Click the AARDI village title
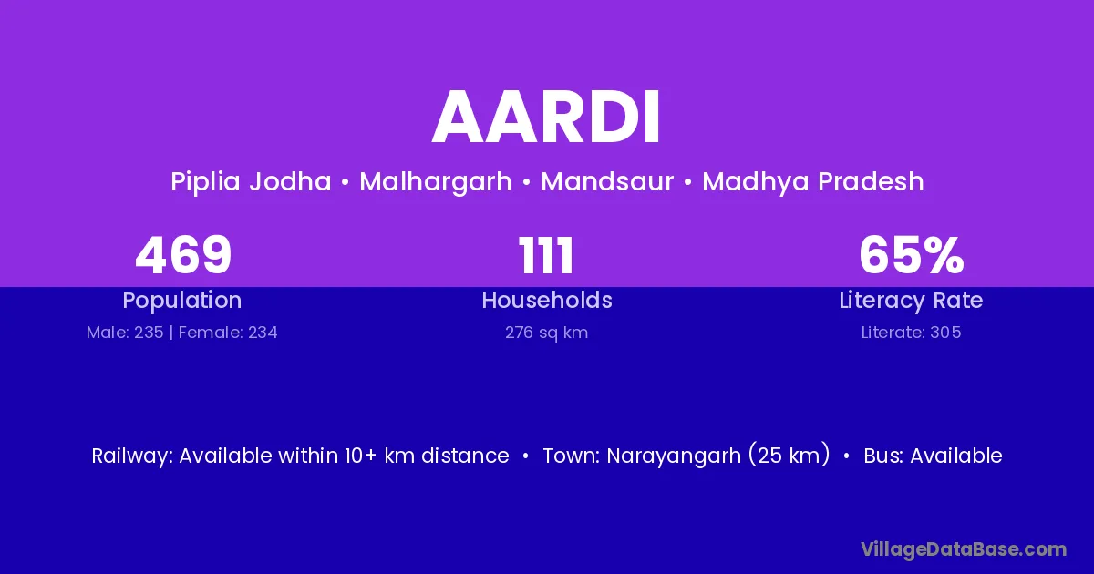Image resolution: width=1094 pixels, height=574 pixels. pos(546,118)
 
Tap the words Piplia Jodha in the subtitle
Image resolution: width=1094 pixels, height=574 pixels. pos(251,182)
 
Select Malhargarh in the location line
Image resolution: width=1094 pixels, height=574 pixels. pos(436,182)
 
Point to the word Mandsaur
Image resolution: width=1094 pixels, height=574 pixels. pos(607,181)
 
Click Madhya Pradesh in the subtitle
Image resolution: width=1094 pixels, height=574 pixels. pos(813,182)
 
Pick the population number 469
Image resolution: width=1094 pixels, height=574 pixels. pos(183,255)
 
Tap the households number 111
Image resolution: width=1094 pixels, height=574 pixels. pos(546,255)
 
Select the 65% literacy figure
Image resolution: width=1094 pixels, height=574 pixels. pos(912,255)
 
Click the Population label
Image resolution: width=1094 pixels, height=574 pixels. pos(182,301)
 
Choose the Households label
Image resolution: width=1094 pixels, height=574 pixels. pos(547,300)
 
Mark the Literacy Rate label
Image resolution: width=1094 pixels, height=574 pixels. pos(912,301)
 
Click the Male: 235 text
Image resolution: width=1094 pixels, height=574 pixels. pos(125,333)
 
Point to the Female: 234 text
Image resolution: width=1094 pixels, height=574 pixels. pos(228,333)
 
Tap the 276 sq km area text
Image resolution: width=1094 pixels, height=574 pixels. pos(546,333)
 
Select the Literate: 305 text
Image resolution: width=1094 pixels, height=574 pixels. pos(912,333)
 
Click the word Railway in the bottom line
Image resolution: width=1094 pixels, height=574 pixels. pos(132,456)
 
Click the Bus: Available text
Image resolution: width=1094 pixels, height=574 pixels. pos(933,456)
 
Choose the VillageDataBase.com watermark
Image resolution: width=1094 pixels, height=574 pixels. pos(964,549)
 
